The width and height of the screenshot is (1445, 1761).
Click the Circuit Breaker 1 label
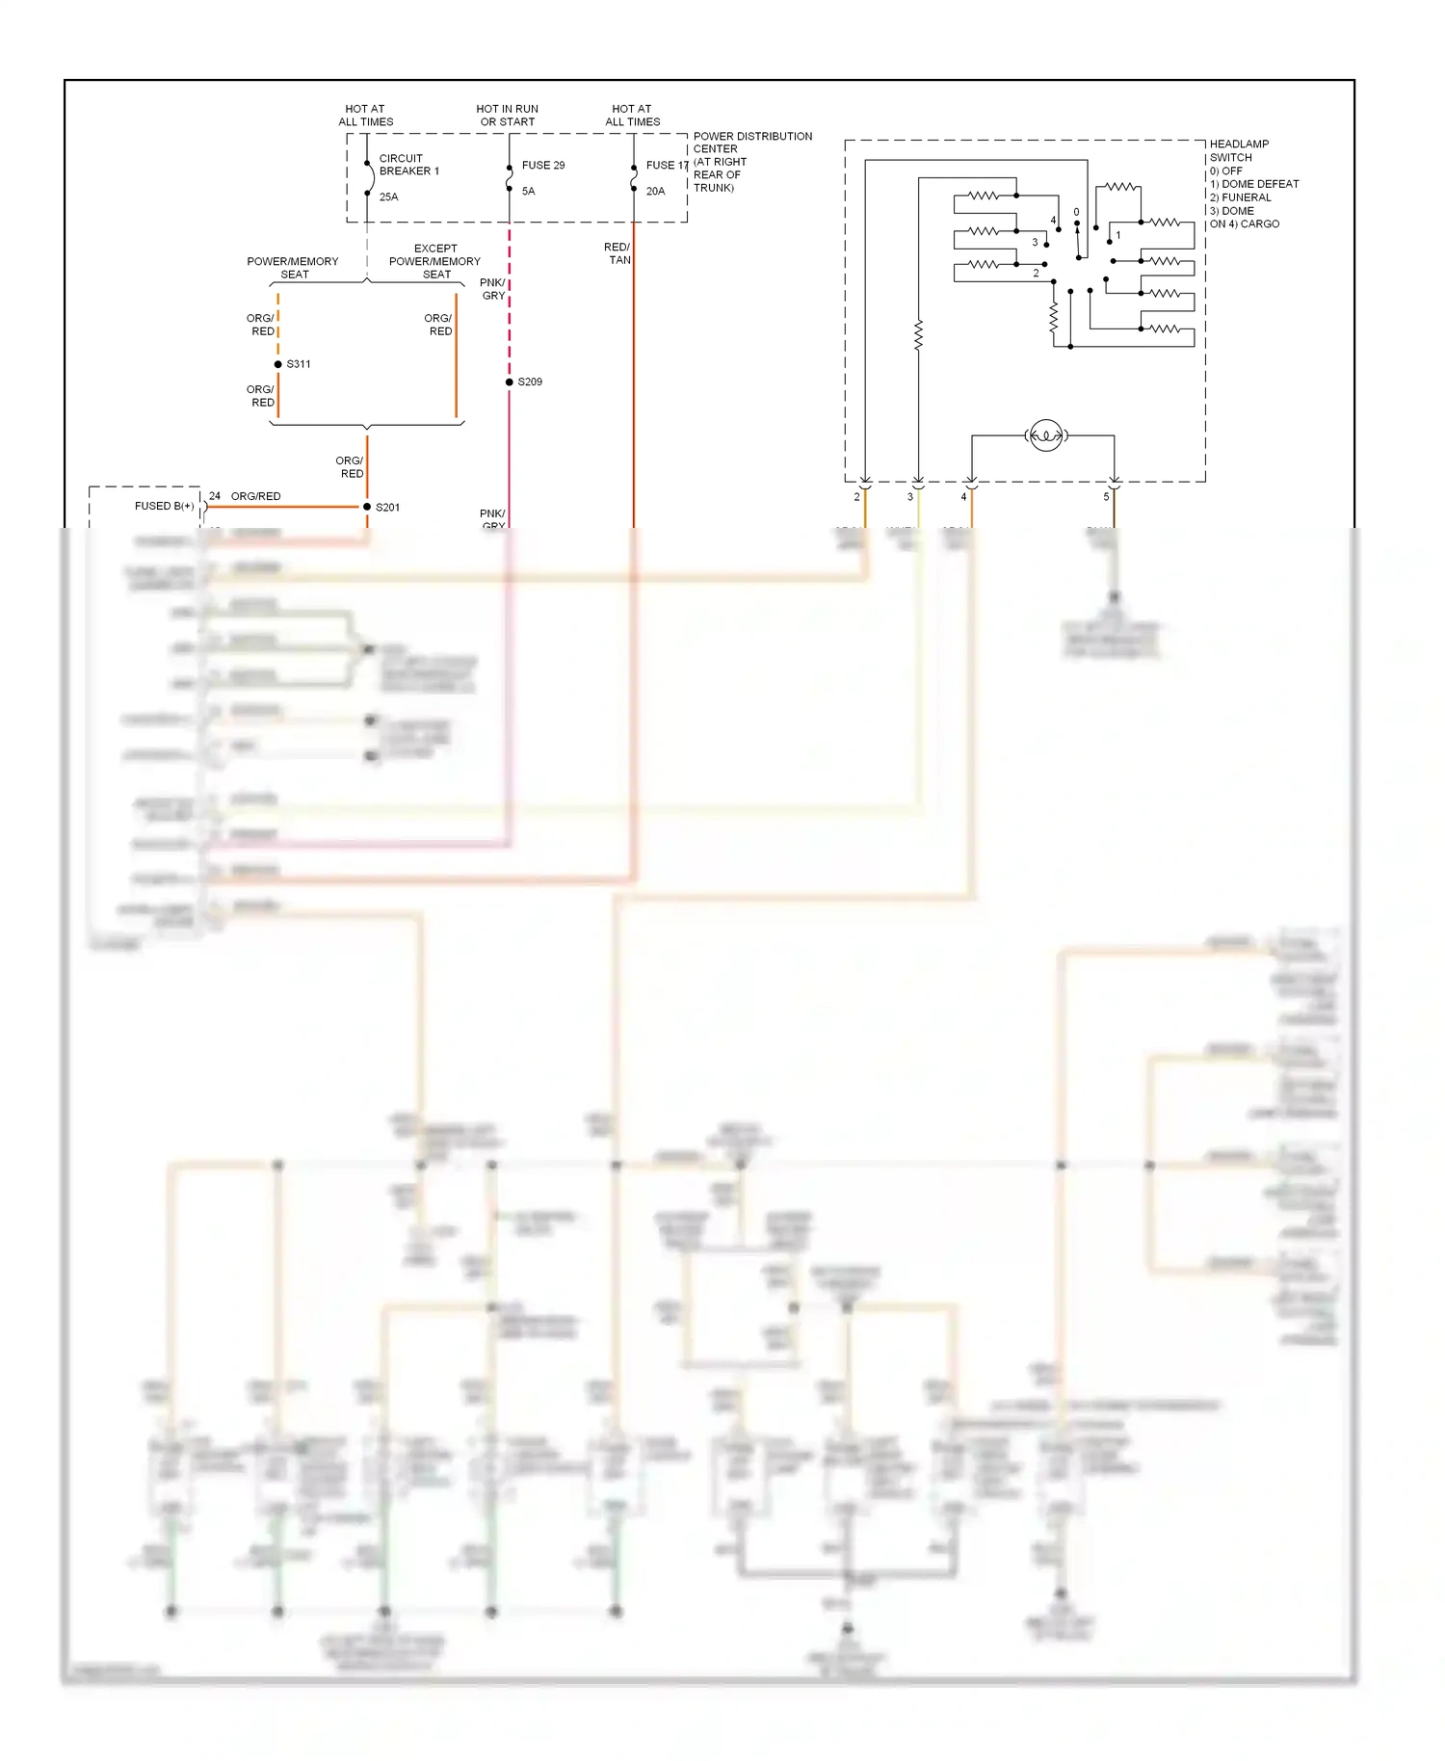(x=408, y=165)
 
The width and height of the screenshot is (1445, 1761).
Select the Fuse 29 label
(x=543, y=166)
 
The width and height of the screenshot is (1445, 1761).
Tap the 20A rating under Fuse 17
(x=655, y=192)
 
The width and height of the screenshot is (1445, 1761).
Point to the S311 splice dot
(x=278, y=364)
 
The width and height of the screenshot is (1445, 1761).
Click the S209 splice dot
(x=510, y=382)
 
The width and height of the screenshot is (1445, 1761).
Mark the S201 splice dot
(x=367, y=507)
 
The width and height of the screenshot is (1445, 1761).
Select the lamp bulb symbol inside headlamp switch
(x=1046, y=435)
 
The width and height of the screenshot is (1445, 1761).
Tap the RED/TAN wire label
(x=617, y=253)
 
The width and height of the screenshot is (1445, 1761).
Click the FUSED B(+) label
(x=164, y=506)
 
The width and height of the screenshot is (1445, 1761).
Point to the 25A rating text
(x=388, y=197)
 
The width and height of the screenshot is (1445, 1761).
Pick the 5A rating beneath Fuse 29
(x=528, y=192)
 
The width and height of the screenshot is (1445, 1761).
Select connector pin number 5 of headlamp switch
(x=1106, y=497)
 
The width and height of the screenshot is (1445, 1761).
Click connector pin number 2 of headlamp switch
(x=856, y=497)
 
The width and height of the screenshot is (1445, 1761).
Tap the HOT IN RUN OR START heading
(x=508, y=116)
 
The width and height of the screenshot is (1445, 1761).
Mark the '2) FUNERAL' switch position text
(x=1240, y=197)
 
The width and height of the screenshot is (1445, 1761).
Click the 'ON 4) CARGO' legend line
(x=1244, y=224)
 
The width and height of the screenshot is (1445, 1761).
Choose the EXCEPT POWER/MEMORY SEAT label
(x=434, y=261)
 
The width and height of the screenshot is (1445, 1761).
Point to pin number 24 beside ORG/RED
(x=215, y=496)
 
